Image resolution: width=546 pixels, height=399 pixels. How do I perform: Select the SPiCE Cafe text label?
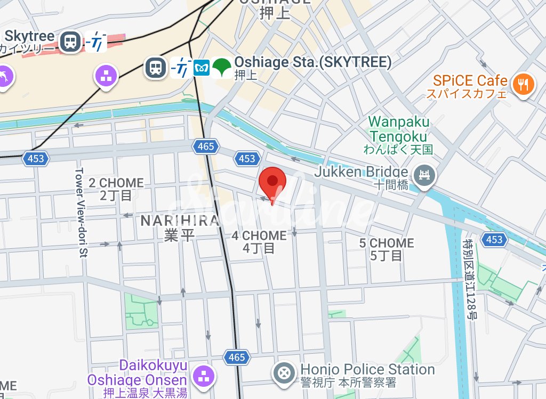point(470,86)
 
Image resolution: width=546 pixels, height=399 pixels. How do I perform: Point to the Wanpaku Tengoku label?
point(399,135)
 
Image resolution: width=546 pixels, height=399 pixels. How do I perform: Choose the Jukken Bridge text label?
point(361,177)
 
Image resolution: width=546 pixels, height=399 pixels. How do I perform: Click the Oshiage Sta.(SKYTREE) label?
point(313,67)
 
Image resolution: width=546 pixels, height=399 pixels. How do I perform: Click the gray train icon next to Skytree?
point(70,41)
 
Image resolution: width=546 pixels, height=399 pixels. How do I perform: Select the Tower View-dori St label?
point(81,213)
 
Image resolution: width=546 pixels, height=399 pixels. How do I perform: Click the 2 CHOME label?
point(116,189)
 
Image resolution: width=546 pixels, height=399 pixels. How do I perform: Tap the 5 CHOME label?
point(386,249)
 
